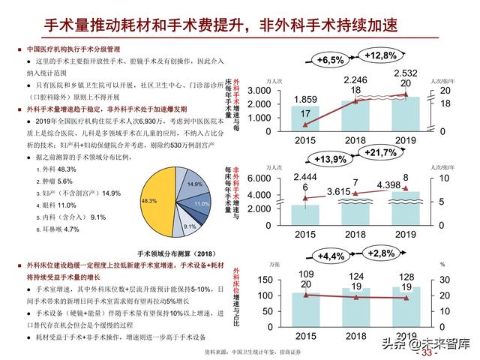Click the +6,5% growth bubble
click(330, 59)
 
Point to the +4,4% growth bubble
click(330, 256)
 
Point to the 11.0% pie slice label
click(201, 204)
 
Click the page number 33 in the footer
click(434, 352)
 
